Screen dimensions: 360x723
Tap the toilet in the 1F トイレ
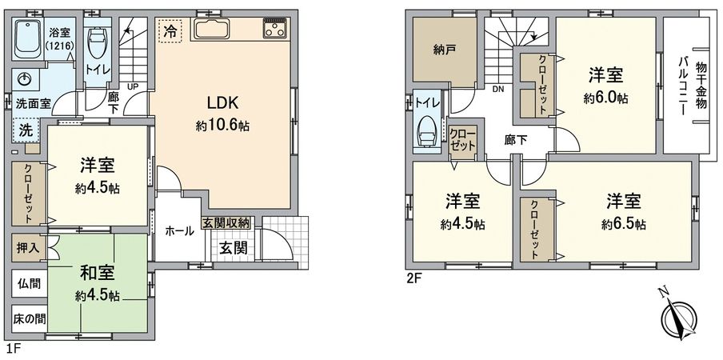pos(97,43)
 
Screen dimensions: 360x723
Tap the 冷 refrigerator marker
pos(170,31)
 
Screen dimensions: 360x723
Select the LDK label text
pos(223,103)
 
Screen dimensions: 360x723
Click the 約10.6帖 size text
pos(223,126)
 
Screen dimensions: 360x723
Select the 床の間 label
pos(29,318)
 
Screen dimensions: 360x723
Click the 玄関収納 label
pos(226,222)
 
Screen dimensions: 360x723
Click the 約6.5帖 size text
pos(625,224)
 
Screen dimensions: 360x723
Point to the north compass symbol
pos(680,321)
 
